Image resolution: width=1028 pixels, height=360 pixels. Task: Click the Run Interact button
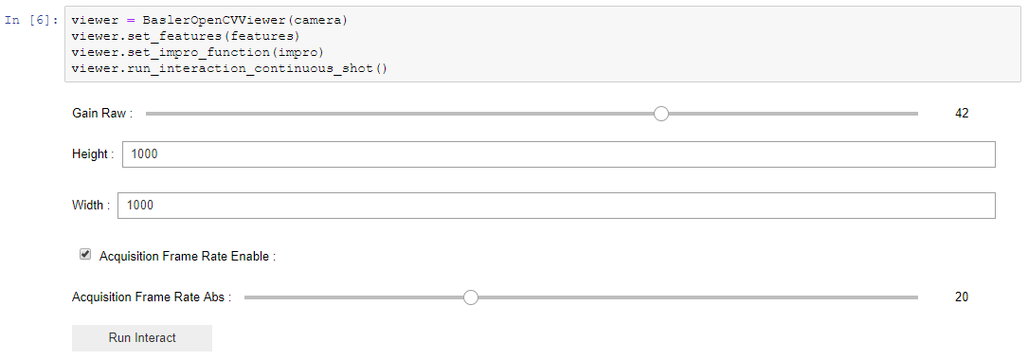tap(142, 338)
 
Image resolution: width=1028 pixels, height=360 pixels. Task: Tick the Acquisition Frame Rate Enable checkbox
tap(85, 255)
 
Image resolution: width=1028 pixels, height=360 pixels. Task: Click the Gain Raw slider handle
tap(661, 114)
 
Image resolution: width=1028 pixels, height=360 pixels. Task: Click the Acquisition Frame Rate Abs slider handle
tap(471, 297)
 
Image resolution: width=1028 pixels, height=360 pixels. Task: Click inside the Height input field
tap(558, 154)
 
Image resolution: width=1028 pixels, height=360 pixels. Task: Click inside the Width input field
tap(555, 206)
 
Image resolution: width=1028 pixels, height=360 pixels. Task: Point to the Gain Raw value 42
tap(962, 114)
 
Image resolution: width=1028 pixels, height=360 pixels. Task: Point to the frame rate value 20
tap(962, 297)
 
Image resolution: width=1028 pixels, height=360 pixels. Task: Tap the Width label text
tap(90, 206)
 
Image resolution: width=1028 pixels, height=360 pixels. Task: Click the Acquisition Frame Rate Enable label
tap(187, 256)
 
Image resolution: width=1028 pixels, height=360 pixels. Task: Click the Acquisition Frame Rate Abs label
tap(152, 297)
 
